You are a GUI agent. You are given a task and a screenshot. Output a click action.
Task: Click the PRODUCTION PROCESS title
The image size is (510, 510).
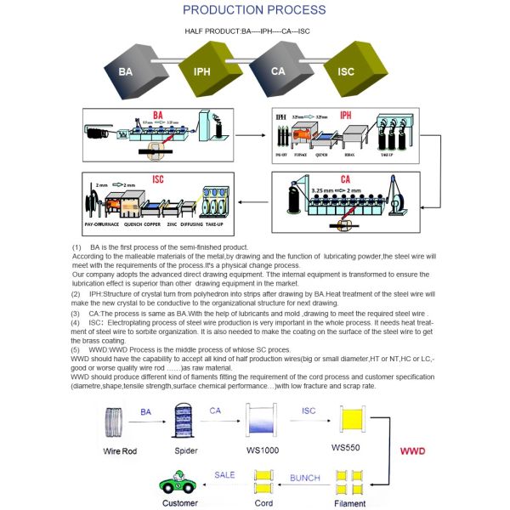point(253,10)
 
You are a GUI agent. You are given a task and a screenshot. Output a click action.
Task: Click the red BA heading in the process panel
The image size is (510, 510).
point(157,116)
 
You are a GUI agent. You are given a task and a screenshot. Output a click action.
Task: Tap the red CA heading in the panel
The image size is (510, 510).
point(344,179)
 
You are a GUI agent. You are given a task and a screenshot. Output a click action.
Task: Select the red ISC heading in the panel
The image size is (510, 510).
point(158,180)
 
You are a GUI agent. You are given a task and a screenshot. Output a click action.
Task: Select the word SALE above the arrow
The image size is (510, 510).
point(224,474)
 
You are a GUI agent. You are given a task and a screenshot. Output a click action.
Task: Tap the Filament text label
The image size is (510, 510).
point(349,503)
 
